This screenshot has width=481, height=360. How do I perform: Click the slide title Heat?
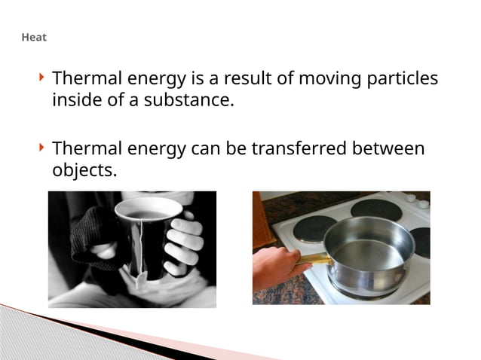(34, 36)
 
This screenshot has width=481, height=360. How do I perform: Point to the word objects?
(84, 169)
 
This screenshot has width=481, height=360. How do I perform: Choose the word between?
(388, 148)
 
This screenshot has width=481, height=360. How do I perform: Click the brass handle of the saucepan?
(313, 260)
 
